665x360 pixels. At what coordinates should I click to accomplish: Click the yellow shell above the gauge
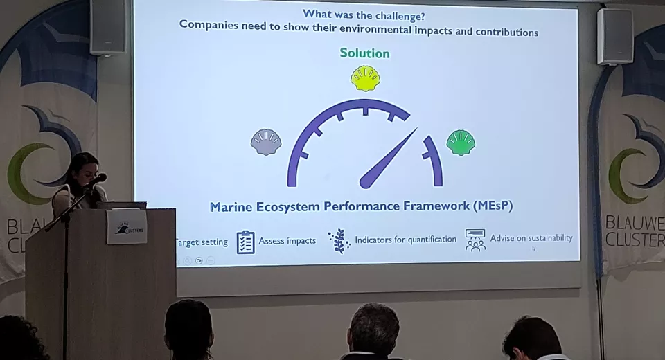pyautogui.click(x=365, y=79)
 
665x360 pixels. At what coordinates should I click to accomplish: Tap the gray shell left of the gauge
pyautogui.click(x=266, y=142)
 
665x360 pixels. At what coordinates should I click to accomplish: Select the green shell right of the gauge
pyautogui.click(x=461, y=143)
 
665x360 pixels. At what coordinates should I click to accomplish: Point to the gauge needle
pyautogui.click(x=388, y=159)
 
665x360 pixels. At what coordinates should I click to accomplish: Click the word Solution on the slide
pyautogui.click(x=364, y=53)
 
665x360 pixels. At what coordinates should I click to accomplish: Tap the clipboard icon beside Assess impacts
pyautogui.click(x=245, y=242)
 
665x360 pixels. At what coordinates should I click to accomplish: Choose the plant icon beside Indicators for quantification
pyautogui.click(x=339, y=241)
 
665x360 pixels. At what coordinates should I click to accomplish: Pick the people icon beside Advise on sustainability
pyautogui.click(x=475, y=240)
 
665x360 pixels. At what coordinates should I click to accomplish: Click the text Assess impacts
pyautogui.click(x=287, y=241)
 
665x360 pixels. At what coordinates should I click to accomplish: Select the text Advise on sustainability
pyautogui.click(x=531, y=238)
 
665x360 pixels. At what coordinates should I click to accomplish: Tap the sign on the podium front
pyautogui.click(x=127, y=226)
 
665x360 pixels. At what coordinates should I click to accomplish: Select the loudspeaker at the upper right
pyautogui.click(x=614, y=36)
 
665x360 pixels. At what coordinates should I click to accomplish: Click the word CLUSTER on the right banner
pyautogui.click(x=635, y=240)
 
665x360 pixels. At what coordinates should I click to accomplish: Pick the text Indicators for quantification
pyautogui.click(x=405, y=240)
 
